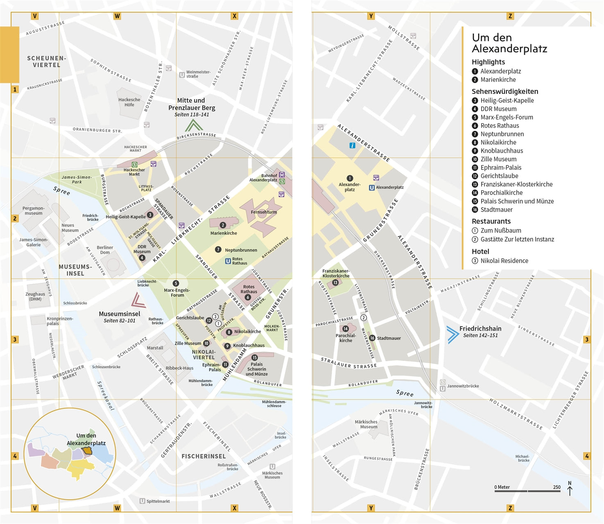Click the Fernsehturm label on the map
tap(264, 212)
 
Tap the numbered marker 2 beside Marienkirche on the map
tap(223, 225)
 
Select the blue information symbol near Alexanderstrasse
tap(352, 145)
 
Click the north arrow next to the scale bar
tap(570, 488)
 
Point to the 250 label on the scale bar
tap(556, 487)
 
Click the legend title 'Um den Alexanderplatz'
tap(509, 43)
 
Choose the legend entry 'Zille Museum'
tap(498, 159)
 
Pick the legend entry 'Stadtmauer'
tap(496, 210)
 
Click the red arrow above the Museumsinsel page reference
tap(138, 300)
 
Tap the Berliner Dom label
tap(105, 250)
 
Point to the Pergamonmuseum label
tap(34, 210)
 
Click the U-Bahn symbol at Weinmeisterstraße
tap(182, 75)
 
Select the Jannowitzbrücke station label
tap(463, 386)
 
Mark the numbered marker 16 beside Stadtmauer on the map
tap(372, 338)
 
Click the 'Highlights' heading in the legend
tap(488, 62)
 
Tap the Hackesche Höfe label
tap(129, 102)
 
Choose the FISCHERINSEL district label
tap(204, 456)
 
